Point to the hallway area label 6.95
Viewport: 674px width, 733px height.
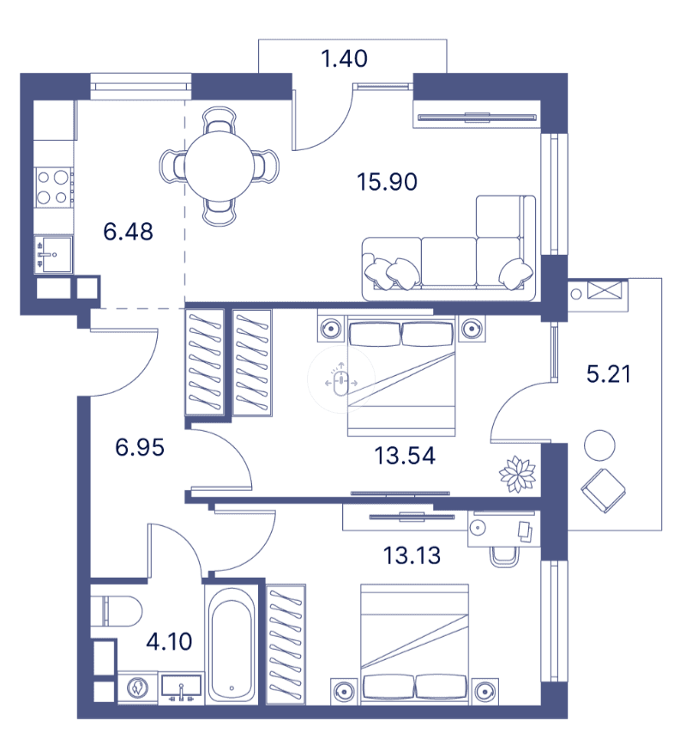[139, 446]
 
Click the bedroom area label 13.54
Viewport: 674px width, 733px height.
[405, 455]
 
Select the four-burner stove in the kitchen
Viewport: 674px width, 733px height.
[53, 187]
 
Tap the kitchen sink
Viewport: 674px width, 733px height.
[53, 254]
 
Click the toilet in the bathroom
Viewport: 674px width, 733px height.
[118, 610]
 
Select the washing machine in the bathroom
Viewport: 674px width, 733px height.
[135, 688]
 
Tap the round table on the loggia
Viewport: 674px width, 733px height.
[599, 445]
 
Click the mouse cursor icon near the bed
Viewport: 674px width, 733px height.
[342, 380]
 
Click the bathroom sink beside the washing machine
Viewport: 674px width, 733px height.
[181, 688]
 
